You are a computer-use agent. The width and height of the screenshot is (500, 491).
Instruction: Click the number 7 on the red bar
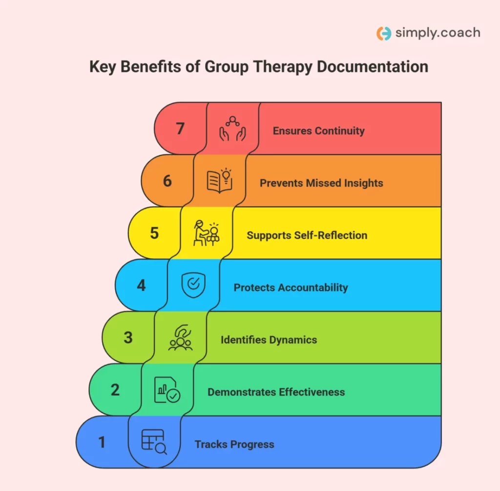180,129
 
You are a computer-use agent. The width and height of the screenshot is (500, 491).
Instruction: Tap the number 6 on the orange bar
167,181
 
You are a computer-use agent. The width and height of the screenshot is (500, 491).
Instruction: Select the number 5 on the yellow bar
154,233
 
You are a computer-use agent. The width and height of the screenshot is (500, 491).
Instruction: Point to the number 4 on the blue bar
141,285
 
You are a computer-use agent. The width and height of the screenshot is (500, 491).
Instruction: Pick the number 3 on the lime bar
128,337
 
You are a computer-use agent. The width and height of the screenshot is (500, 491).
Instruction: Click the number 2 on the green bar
115,390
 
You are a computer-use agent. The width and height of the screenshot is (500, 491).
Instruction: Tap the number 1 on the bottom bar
102,442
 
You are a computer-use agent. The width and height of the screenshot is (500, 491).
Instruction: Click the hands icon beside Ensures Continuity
232,129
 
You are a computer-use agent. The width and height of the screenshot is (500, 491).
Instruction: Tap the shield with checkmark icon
193,285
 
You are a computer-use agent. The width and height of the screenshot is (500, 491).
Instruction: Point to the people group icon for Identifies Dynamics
181,337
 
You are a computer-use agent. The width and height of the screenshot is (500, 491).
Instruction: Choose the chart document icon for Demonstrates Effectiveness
167,390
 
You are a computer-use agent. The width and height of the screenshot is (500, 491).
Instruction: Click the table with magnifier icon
154,442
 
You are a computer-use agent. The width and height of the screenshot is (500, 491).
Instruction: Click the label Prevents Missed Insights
321,183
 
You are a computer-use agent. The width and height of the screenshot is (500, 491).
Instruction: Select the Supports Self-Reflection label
307,235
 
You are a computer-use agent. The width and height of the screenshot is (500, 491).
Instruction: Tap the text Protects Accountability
291,288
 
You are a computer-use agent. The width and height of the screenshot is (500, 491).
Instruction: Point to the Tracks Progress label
234,445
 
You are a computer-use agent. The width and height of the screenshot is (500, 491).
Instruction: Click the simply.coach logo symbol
384,33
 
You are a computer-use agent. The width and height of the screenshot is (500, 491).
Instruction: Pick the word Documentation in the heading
373,66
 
